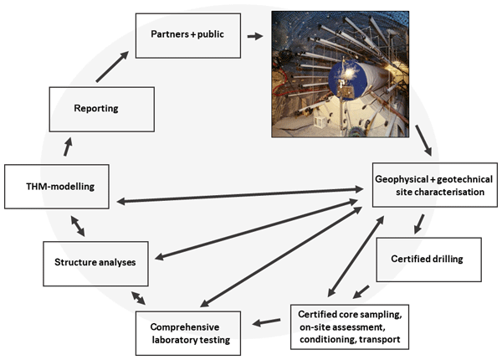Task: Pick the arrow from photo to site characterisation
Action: tap(423, 140)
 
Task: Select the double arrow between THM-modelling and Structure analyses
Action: tap(76, 225)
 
